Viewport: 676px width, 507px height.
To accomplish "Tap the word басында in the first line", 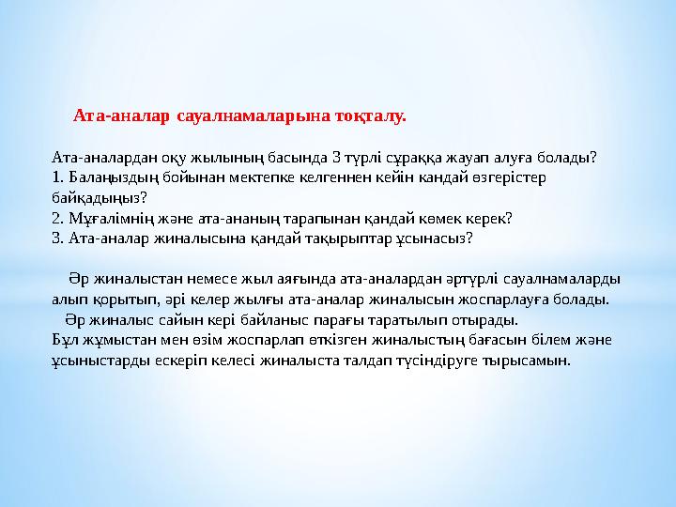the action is coord(298,158).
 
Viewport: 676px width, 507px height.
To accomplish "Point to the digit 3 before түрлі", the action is coord(337,158).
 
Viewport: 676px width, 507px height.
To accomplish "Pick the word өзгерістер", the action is coord(509,178).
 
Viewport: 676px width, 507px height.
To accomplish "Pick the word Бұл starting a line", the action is coord(62,340).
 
